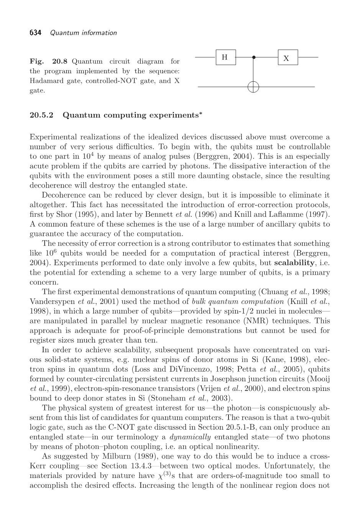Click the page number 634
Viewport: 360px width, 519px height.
pyautogui.click(x=35, y=33)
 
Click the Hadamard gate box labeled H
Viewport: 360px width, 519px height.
pyautogui.click(x=225, y=57)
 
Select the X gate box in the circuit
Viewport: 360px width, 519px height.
pyautogui.click(x=288, y=58)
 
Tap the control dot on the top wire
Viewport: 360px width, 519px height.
pyautogui.click(x=253, y=57)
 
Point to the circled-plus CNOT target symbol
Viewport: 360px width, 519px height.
pyautogui.click(x=253, y=87)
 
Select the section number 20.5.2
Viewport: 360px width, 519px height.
pyautogui.click(x=42, y=115)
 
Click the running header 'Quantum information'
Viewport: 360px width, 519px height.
pyautogui.click(x=84, y=33)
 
